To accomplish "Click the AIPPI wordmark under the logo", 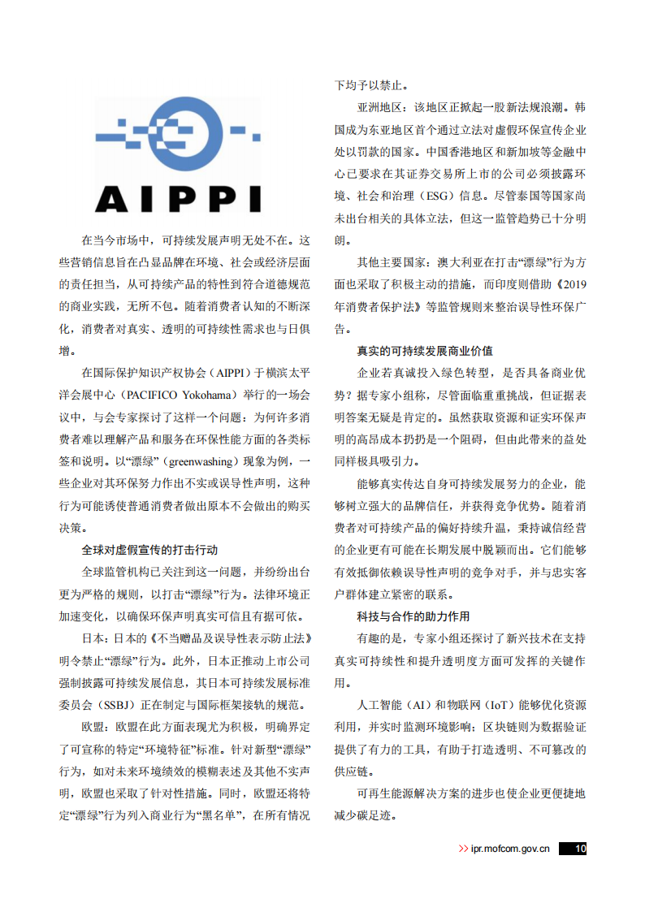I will pyautogui.click(x=178, y=198).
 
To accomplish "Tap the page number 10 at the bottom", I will pyautogui.click(x=576, y=849).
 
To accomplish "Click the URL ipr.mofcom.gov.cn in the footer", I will pyautogui.click(x=510, y=849).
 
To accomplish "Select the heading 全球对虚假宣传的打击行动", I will pyautogui.click(x=149, y=550).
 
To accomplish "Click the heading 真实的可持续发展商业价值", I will pyautogui.click(x=425, y=351).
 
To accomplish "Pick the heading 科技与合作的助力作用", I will pyautogui.click(x=413, y=616).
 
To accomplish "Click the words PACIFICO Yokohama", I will pyautogui.click(x=179, y=395).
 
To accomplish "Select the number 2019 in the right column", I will pyautogui.click(x=573, y=285).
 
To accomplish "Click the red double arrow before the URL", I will pyautogui.click(x=463, y=849).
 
